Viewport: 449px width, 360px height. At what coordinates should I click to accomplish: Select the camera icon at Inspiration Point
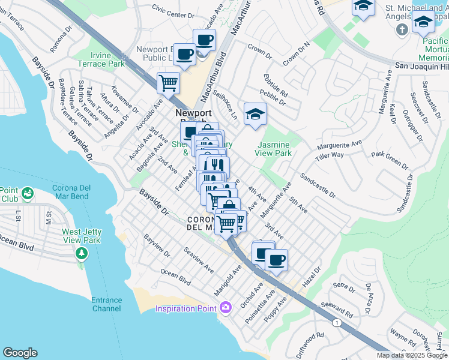click(x=226, y=308)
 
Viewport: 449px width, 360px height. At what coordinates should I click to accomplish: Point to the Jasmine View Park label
click(x=274, y=149)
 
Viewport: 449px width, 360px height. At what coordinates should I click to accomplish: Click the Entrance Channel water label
click(x=107, y=304)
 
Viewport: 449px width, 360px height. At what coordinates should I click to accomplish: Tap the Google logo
click(x=20, y=353)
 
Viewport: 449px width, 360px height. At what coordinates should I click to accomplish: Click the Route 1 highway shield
click(x=337, y=323)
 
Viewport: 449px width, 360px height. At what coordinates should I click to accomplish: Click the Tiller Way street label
click(x=330, y=158)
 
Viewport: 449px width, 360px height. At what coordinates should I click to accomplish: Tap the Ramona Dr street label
click(x=62, y=38)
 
